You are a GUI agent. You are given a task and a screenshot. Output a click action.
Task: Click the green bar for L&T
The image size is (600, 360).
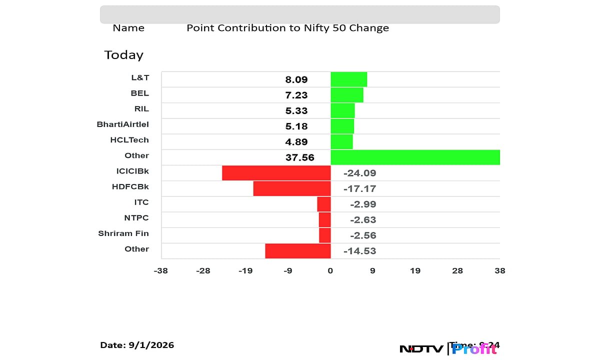point(348,79)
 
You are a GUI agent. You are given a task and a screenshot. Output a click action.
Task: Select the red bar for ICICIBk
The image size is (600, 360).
point(276,173)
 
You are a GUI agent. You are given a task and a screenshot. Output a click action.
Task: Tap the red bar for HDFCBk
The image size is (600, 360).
point(292,188)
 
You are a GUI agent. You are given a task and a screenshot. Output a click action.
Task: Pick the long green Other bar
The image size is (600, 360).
point(415,157)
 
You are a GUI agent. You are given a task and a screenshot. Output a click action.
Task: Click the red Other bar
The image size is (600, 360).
point(298,251)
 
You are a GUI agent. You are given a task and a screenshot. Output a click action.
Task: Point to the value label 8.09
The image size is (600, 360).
point(296,79)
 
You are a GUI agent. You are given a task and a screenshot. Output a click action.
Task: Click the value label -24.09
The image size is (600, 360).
point(359,173)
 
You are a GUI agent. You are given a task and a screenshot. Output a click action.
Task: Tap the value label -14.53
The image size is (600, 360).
point(359,251)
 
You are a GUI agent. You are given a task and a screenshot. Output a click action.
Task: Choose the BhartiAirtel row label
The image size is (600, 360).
point(122,124)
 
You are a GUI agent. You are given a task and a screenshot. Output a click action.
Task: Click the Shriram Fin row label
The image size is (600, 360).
point(123,233)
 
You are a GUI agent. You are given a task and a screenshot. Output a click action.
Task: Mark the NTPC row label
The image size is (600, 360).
point(136,218)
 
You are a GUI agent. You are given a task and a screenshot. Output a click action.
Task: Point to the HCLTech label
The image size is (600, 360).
point(129,140)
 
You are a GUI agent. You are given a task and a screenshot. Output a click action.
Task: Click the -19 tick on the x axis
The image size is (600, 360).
point(245,271)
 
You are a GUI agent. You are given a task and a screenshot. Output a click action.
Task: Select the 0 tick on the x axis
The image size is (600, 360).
point(330,271)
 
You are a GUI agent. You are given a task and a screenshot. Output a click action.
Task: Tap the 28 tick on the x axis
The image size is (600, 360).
point(457,271)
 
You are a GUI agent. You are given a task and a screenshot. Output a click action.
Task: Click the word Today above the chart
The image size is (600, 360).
point(123,55)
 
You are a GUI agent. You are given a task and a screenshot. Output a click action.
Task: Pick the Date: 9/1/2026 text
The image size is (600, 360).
point(137,345)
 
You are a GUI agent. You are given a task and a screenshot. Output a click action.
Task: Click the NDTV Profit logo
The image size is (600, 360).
point(448,348)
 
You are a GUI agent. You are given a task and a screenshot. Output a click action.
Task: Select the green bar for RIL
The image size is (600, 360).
point(342,110)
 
